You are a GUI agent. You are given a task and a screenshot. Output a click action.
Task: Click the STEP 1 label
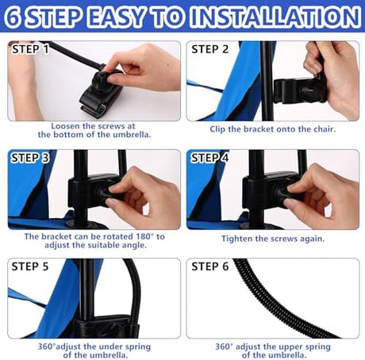pos(30,49)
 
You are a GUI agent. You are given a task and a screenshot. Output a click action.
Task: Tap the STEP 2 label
pos(209,49)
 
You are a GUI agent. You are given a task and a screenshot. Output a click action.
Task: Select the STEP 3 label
pos(30,158)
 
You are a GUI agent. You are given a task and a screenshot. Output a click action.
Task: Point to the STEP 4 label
pos(209,158)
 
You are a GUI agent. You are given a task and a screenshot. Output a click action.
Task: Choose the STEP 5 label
pos(30,266)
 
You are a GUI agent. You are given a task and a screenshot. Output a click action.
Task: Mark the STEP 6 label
pos(209,266)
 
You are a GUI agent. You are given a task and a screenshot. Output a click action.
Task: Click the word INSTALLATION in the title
pos(275,17)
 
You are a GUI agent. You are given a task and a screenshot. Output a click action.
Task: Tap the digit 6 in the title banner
pos(13,17)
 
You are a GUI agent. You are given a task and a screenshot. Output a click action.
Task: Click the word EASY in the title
pos(117,17)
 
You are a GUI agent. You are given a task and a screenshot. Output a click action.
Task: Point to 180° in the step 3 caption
pos(144,236)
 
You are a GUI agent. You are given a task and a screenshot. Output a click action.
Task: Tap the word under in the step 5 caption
pos(110,347)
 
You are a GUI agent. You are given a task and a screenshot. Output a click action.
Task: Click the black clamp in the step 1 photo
pos(102,94)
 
